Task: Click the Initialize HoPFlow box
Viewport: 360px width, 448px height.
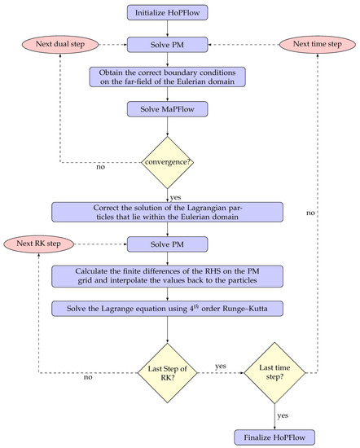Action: coord(167,13)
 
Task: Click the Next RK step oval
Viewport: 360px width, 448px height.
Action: coord(39,244)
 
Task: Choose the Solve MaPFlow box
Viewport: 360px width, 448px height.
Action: coord(167,108)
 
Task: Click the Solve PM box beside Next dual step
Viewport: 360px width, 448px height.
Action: coord(167,41)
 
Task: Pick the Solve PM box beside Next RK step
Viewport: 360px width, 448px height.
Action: coord(167,244)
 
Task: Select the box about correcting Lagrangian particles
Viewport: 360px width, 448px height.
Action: coord(167,211)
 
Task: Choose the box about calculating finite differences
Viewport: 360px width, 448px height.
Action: coord(167,279)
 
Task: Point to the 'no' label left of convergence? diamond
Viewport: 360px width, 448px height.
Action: coord(100,169)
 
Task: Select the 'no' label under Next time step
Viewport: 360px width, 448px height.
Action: coord(311,213)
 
